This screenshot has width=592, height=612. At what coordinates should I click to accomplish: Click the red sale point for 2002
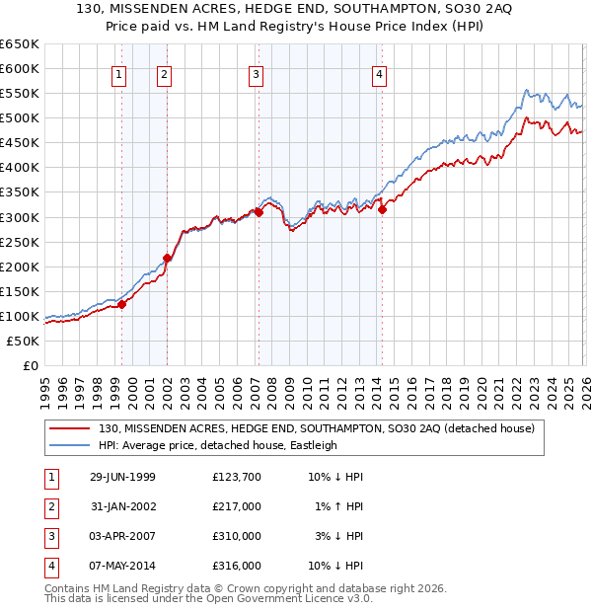click(167, 259)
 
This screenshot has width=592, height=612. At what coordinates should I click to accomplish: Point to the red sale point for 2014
click(382, 209)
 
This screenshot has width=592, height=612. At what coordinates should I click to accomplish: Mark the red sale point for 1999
click(122, 305)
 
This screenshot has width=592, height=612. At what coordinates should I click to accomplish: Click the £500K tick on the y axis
click(20, 118)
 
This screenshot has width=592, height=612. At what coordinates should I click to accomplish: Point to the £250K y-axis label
click(20, 242)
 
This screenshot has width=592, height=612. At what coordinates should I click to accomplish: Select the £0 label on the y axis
click(30, 366)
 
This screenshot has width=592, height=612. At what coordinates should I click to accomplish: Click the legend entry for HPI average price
click(218, 445)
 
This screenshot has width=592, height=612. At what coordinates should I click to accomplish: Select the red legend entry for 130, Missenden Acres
click(316, 429)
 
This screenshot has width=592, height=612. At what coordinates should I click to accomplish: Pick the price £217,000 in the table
click(236, 506)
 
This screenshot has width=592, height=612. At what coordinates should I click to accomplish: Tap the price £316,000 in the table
click(236, 566)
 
